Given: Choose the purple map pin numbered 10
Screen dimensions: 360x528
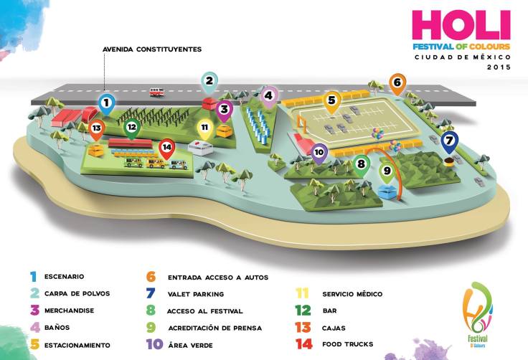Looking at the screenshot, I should point(319,152).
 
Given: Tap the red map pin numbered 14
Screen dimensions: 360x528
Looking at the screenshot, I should point(166,148).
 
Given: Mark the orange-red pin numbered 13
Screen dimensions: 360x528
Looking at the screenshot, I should point(97,128).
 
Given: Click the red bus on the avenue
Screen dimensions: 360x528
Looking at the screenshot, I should point(156,91).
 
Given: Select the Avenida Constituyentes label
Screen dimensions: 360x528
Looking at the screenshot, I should point(153,49).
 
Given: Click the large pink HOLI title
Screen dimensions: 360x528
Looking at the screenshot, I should point(461,27).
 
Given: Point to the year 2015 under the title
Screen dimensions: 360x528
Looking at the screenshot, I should point(498,67).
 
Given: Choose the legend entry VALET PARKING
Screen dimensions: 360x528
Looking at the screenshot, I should point(195,293).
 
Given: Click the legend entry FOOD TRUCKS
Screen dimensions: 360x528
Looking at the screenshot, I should point(348,344).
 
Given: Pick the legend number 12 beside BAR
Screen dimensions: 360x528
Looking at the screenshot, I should point(303,311).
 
